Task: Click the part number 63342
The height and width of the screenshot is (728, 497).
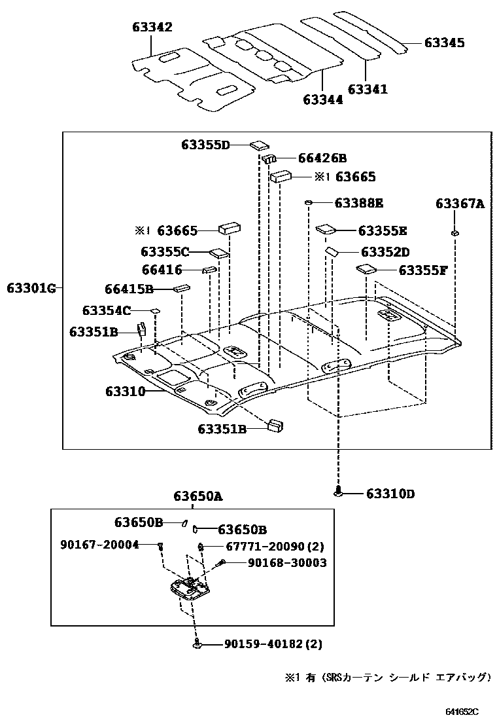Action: (x=151, y=27)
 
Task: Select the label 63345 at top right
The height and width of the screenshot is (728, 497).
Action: (x=444, y=43)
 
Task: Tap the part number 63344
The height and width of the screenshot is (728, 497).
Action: (x=322, y=100)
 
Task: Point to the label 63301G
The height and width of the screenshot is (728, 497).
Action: (x=32, y=287)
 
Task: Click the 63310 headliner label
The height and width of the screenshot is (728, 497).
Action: (x=125, y=391)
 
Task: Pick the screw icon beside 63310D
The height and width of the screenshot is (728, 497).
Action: (x=338, y=492)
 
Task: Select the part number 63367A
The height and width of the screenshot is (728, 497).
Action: (x=459, y=204)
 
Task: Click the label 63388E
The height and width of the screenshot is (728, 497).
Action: (x=358, y=203)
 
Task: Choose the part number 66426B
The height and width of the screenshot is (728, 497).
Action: (x=322, y=158)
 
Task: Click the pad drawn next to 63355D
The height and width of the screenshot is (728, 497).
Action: (x=258, y=145)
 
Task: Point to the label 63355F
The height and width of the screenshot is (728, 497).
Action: (x=422, y=269)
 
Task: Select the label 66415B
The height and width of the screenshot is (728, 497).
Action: (x=129, y=288)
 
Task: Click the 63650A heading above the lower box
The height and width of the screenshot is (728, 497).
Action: (x=198, y=496)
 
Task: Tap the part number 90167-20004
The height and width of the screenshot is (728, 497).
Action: (x=99, y=545)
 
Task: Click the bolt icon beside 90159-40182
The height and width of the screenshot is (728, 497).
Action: (x=197, y=646)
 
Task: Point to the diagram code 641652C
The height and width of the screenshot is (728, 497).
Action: (x=462, y=712)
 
